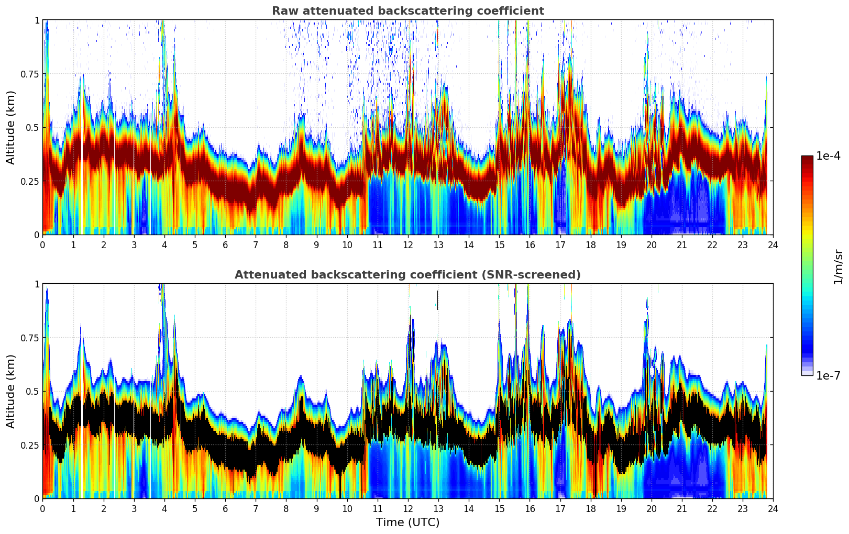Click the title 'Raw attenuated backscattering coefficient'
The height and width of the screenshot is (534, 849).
point(407,11)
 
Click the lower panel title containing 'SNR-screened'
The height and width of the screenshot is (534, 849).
point(407,275)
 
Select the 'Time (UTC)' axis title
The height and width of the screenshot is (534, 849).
point(407,522)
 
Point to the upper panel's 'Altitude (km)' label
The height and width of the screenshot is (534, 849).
point(11,127)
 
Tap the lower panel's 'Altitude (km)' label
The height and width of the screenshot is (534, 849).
point(11,391)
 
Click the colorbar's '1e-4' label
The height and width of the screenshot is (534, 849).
point(828,156)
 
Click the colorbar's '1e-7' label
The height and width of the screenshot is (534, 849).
point(828,376)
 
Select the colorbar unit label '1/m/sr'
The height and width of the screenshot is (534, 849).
point(837,266)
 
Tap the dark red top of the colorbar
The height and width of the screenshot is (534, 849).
point(807,159)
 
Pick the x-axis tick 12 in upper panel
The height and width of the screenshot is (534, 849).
point(408,244)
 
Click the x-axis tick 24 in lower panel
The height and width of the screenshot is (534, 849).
point(773,508)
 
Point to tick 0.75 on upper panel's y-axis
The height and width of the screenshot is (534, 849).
point(30,74)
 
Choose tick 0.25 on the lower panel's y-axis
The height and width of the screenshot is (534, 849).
point(30,445)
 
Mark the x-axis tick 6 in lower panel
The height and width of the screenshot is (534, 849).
point(225,508)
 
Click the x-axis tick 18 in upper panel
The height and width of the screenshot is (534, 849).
point(591,244)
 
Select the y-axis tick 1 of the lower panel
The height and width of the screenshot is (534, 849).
point(37,284)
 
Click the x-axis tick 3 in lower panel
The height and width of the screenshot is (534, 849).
point(134,508)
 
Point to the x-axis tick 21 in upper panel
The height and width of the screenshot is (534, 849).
point(682,244)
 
